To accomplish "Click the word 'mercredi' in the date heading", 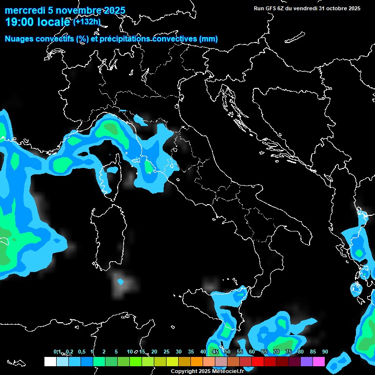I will pyautogui.click(x=23, y=11).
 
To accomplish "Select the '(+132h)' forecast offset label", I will pyautogui.click(x=87, y=21).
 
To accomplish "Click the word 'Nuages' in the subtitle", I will pyautogui.click(x=20, y=39).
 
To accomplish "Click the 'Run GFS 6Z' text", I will pyautogui.click(x=270, y=8).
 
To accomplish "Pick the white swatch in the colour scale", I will pyautogui.click(x=50, y=362).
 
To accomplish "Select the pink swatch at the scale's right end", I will pyautogui.click(x=319, y=362).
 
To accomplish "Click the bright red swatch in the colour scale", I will pyautogui.click(x=258, y=362).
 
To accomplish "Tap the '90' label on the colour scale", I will pyautogui.click(x=325, y=352).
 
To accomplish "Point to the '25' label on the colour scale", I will pyautogui.click(x=167, y=352).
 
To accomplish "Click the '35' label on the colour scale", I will pyautogui.click(x=191, y=352).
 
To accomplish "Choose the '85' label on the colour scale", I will pyautogui.click(x=313, y=352).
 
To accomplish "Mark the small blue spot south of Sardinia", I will pyautogui.click(x=120, y=282).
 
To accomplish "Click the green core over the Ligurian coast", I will pyautogui.click(x=111, y=128).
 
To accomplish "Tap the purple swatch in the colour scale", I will pyautogui.click(x=307, y=362).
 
